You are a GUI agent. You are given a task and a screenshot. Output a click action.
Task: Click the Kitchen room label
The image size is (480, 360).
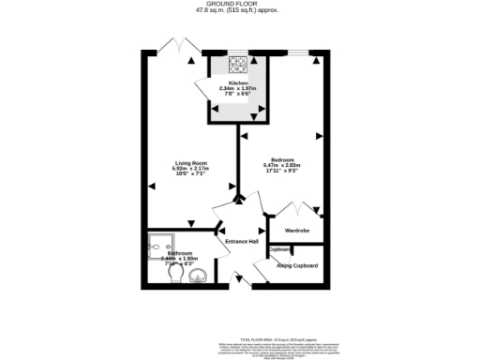click(x=237, y=83)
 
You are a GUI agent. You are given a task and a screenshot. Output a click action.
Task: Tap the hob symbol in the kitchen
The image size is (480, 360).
click(x=237, y=66)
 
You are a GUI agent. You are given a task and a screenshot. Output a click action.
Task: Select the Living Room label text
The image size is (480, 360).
click(x=189, y=162)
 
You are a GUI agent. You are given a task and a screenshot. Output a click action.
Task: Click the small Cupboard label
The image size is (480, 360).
click(x=279, y=249)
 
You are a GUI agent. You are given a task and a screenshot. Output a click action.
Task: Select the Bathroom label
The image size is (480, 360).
click(x=180, y=254)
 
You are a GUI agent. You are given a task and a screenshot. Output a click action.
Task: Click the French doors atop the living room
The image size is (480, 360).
click(x=176, y=46)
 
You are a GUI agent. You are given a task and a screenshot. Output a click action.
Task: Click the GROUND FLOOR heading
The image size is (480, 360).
click(x=239, y=4)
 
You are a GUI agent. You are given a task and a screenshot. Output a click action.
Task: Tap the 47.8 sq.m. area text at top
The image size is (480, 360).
click(x=239, y=10)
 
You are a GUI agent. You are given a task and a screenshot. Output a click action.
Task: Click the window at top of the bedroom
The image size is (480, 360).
click(x=301, y=53)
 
